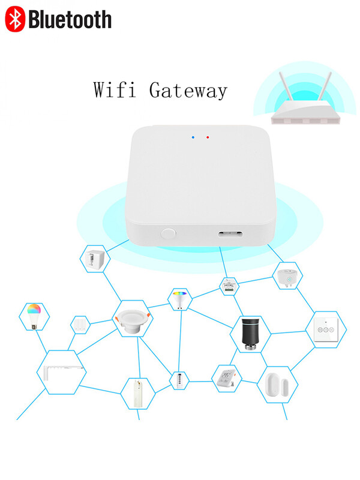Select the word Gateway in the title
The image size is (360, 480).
(x=188, y=91)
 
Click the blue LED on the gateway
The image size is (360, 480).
(x=193, y=137)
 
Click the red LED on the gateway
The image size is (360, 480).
(x=208, y=137)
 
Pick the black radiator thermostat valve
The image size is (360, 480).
(x=248, y=334)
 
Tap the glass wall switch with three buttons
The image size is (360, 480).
(x=325, y=329)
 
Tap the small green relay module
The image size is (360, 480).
(x=229, y=285)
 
